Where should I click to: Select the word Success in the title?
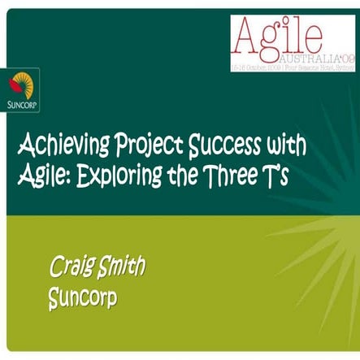[224, 150]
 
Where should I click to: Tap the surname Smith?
[128, 267]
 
